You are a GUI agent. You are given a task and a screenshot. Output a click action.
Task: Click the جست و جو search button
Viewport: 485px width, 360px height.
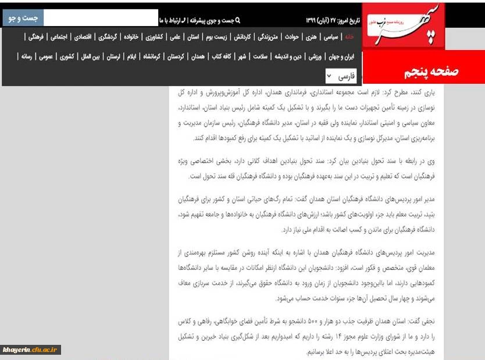pyautogui.click(x=23, y=18)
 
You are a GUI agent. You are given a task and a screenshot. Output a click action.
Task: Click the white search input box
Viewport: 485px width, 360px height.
pyautogui.click(x=100, y=18)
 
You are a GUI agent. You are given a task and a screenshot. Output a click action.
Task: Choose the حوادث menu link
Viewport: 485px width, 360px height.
pyautogui.click(x=292, y=37)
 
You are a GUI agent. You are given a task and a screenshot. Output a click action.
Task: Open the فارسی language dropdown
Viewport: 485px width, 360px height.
pyautogui.click(x=341, y=76)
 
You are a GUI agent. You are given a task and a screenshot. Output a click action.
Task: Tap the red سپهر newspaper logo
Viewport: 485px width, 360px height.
pyautogui.click(x=404, y=26)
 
